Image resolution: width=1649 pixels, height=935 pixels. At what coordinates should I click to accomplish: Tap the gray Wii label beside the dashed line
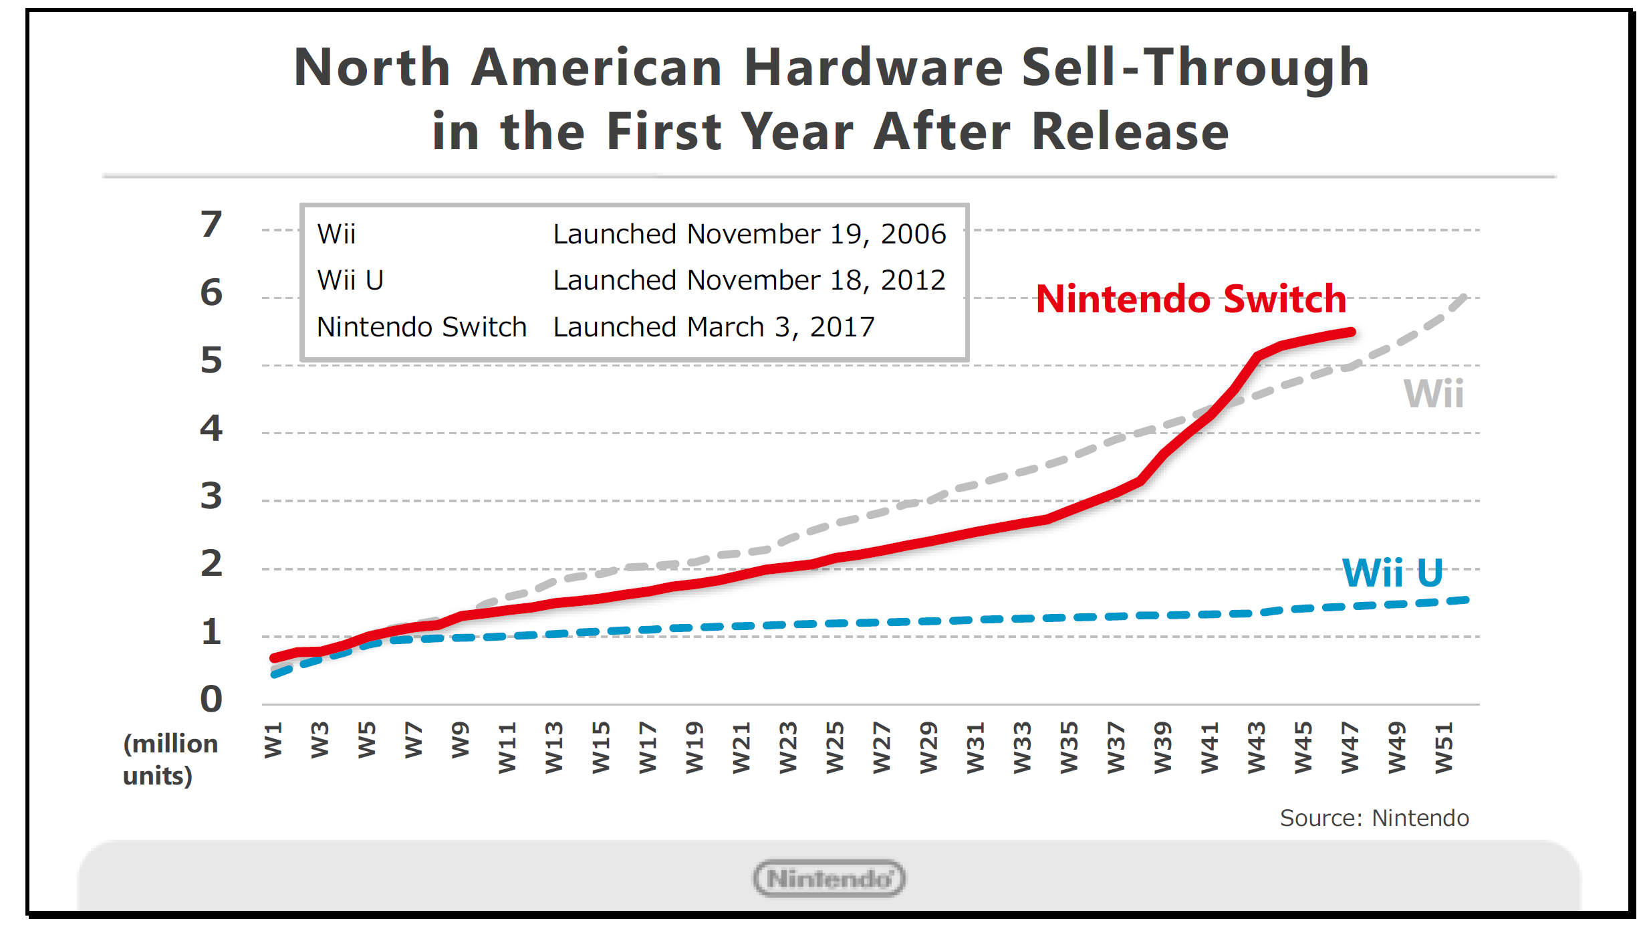tap(1433, 393)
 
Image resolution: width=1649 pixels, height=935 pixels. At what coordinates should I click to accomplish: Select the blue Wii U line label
tap(1393, 573)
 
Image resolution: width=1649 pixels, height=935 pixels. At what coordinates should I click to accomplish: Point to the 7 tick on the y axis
tap(211, 224)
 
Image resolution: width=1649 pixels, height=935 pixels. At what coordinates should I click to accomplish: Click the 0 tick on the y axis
tap(211, 699)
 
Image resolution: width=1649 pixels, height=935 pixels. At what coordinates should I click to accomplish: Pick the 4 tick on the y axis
tap(211, 428)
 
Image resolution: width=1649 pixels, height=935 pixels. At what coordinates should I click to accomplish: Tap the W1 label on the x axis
tap(273, 740)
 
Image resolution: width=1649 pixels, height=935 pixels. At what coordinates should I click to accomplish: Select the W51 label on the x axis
tap(1444, 747)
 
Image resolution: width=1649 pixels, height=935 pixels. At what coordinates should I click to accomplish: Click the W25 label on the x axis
tap(835, 747)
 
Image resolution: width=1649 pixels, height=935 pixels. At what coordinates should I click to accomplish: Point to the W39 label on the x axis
tap(1162, 747)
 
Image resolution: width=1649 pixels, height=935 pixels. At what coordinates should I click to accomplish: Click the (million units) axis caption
tap(170, 759)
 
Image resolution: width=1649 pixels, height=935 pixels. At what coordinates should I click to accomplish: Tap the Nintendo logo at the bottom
tap(829, 878)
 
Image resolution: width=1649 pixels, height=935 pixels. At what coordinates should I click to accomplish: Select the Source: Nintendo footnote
tap(1374, 818)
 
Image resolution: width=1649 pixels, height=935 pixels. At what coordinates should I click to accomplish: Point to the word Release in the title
tap(1130, 131)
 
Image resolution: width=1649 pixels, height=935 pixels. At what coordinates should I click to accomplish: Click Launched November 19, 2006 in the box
tap(749, 234)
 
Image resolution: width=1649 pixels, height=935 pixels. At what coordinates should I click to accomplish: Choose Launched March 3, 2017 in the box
tap(713, 327)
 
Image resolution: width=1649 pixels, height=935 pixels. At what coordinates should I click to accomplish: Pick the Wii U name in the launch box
tap(350, 280)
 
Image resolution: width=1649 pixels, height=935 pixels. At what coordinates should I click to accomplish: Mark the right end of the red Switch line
tap(1352, 332)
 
